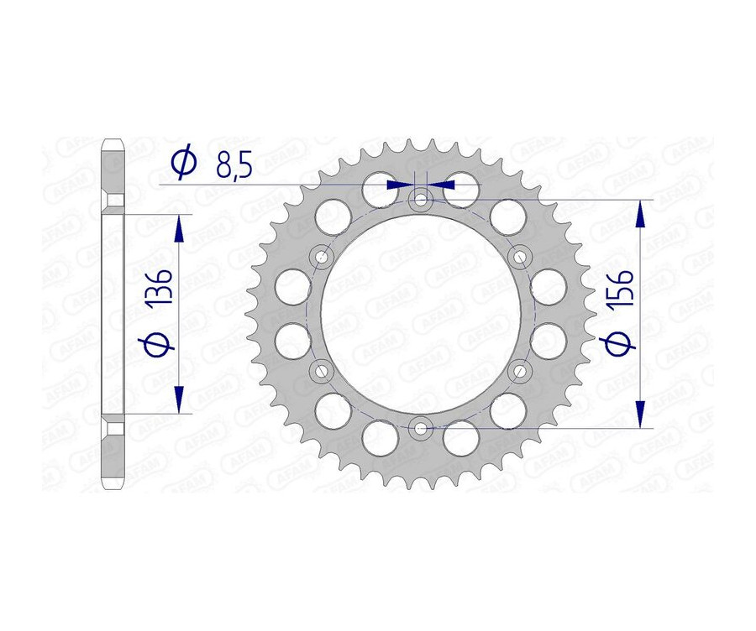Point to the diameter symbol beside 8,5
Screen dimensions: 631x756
click(x=183, y=163)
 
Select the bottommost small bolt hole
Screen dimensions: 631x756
click(x=420, y=428)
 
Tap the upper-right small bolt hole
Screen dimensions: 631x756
click(x=520, y=255)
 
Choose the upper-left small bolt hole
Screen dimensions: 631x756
click(x=320, y=256)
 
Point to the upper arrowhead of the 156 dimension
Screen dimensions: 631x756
click(x=641, y=214)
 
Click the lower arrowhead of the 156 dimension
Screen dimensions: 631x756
click(x=641, y=414)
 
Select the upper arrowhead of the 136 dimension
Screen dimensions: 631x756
click(x=178, y=229)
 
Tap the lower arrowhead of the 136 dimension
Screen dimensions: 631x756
click(x=178, y=398)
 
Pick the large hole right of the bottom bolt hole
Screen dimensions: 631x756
click(x=460, y=438)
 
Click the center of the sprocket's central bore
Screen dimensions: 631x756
click(x=420, y=314)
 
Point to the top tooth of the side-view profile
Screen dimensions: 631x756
click(x=113, y=147)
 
